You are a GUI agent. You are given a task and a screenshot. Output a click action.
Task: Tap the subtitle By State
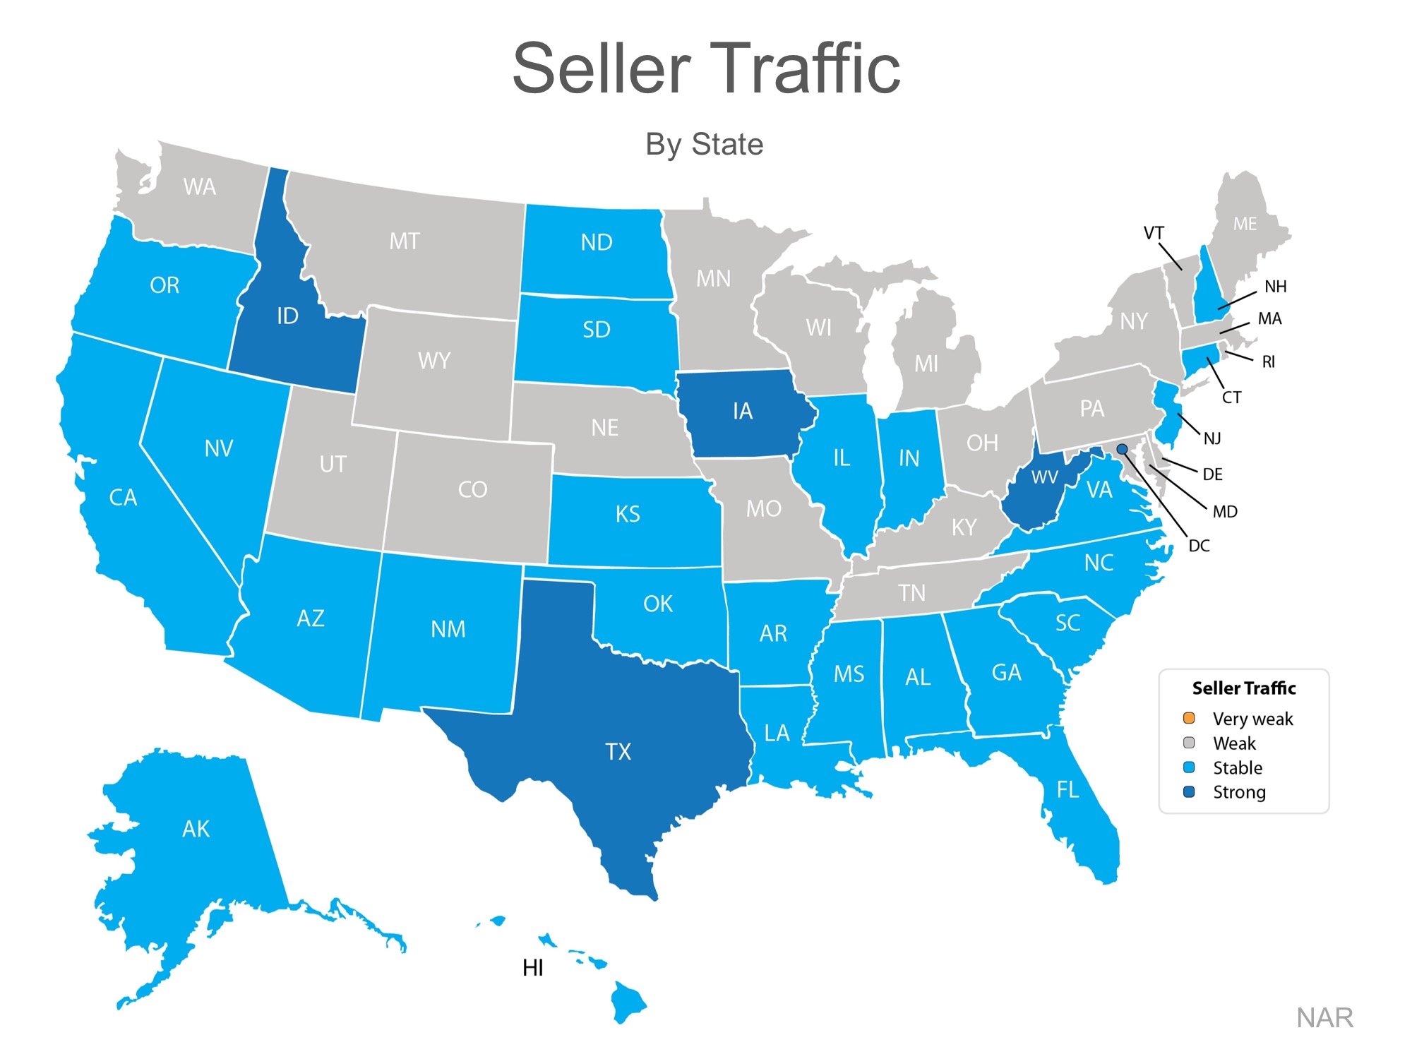pos(704,144)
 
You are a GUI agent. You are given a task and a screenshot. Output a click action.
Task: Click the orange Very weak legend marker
pos(1189,718)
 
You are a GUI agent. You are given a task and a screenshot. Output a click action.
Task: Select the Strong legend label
pos(1239,792)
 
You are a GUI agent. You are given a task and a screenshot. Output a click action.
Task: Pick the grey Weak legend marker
pos(1189,743)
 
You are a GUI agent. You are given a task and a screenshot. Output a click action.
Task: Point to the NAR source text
pos(1324,1018)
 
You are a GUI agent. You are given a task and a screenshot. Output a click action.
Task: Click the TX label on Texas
pos(618,752)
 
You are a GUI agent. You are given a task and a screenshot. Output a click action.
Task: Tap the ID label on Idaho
pos(287,316)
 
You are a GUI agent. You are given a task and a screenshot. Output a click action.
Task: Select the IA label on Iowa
pos(743,411)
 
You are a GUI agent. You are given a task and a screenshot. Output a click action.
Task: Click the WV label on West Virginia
pos(1044,478)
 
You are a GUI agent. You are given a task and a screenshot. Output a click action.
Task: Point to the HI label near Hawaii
pos(533,968)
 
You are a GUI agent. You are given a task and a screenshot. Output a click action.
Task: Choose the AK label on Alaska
pos(196,829)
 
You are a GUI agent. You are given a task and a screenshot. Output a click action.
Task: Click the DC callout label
pos(1199,546)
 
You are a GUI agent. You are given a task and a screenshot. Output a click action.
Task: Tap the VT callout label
pos(1154,233)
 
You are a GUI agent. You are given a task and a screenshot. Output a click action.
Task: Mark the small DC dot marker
pos(1122,449)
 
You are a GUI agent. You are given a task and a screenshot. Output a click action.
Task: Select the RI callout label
pos(1269,362)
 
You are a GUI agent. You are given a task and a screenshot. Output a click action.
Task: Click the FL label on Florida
pos(1067,789)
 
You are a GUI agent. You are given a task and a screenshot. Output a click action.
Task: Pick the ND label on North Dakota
pos(597,243)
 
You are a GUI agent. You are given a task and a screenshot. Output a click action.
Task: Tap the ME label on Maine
pos(1245,225)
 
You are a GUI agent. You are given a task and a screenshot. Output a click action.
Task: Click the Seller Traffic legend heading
pos(1244,688)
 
